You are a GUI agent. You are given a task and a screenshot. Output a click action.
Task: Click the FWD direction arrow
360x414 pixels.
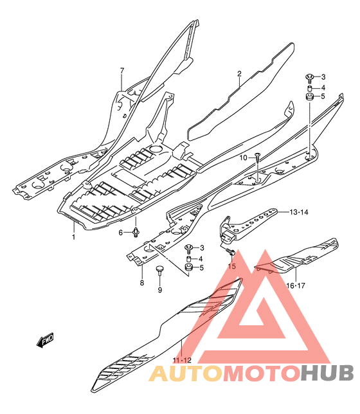click(45, 340)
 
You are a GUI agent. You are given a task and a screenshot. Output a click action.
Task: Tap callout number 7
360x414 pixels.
click(122, 71)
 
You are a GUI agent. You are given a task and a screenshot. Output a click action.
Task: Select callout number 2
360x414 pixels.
click(239, 74)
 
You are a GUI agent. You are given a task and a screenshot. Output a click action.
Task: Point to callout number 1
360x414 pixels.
click(74, 237)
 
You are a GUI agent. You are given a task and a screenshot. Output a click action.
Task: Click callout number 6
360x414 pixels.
click(121, 233)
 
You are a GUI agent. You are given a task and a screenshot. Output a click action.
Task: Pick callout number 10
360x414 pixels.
click(243, 158)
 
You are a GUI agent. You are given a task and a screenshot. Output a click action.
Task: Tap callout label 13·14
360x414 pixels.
click(299, 212)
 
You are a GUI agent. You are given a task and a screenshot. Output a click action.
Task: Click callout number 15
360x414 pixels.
click(231, 266)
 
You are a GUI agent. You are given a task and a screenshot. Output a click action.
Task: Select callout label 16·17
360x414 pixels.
click(296, 285)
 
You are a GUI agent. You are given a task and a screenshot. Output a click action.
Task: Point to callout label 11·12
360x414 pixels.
click(182, 360)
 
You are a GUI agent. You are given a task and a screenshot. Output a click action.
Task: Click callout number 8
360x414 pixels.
click(142, 283)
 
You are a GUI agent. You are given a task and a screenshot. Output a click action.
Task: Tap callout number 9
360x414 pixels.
click(160, 290)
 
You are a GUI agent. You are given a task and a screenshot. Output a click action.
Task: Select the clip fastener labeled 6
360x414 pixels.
click(136, 232)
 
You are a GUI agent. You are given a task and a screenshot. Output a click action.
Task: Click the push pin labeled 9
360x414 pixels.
click(160, 271)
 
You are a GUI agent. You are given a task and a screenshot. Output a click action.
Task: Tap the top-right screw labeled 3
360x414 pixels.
click(309, 78)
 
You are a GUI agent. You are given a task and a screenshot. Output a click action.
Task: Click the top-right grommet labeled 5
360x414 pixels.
click(310, 96)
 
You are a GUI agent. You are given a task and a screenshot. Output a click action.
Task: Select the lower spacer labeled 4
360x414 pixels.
click(188, 258)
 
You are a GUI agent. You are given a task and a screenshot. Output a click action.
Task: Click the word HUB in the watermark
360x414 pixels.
click(327, 373)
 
